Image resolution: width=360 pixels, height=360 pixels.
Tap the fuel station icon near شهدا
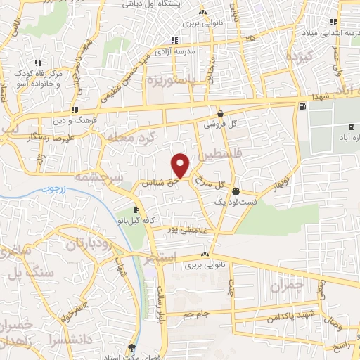point(302,107)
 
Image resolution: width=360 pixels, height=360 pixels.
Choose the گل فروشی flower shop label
point(222,124)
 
